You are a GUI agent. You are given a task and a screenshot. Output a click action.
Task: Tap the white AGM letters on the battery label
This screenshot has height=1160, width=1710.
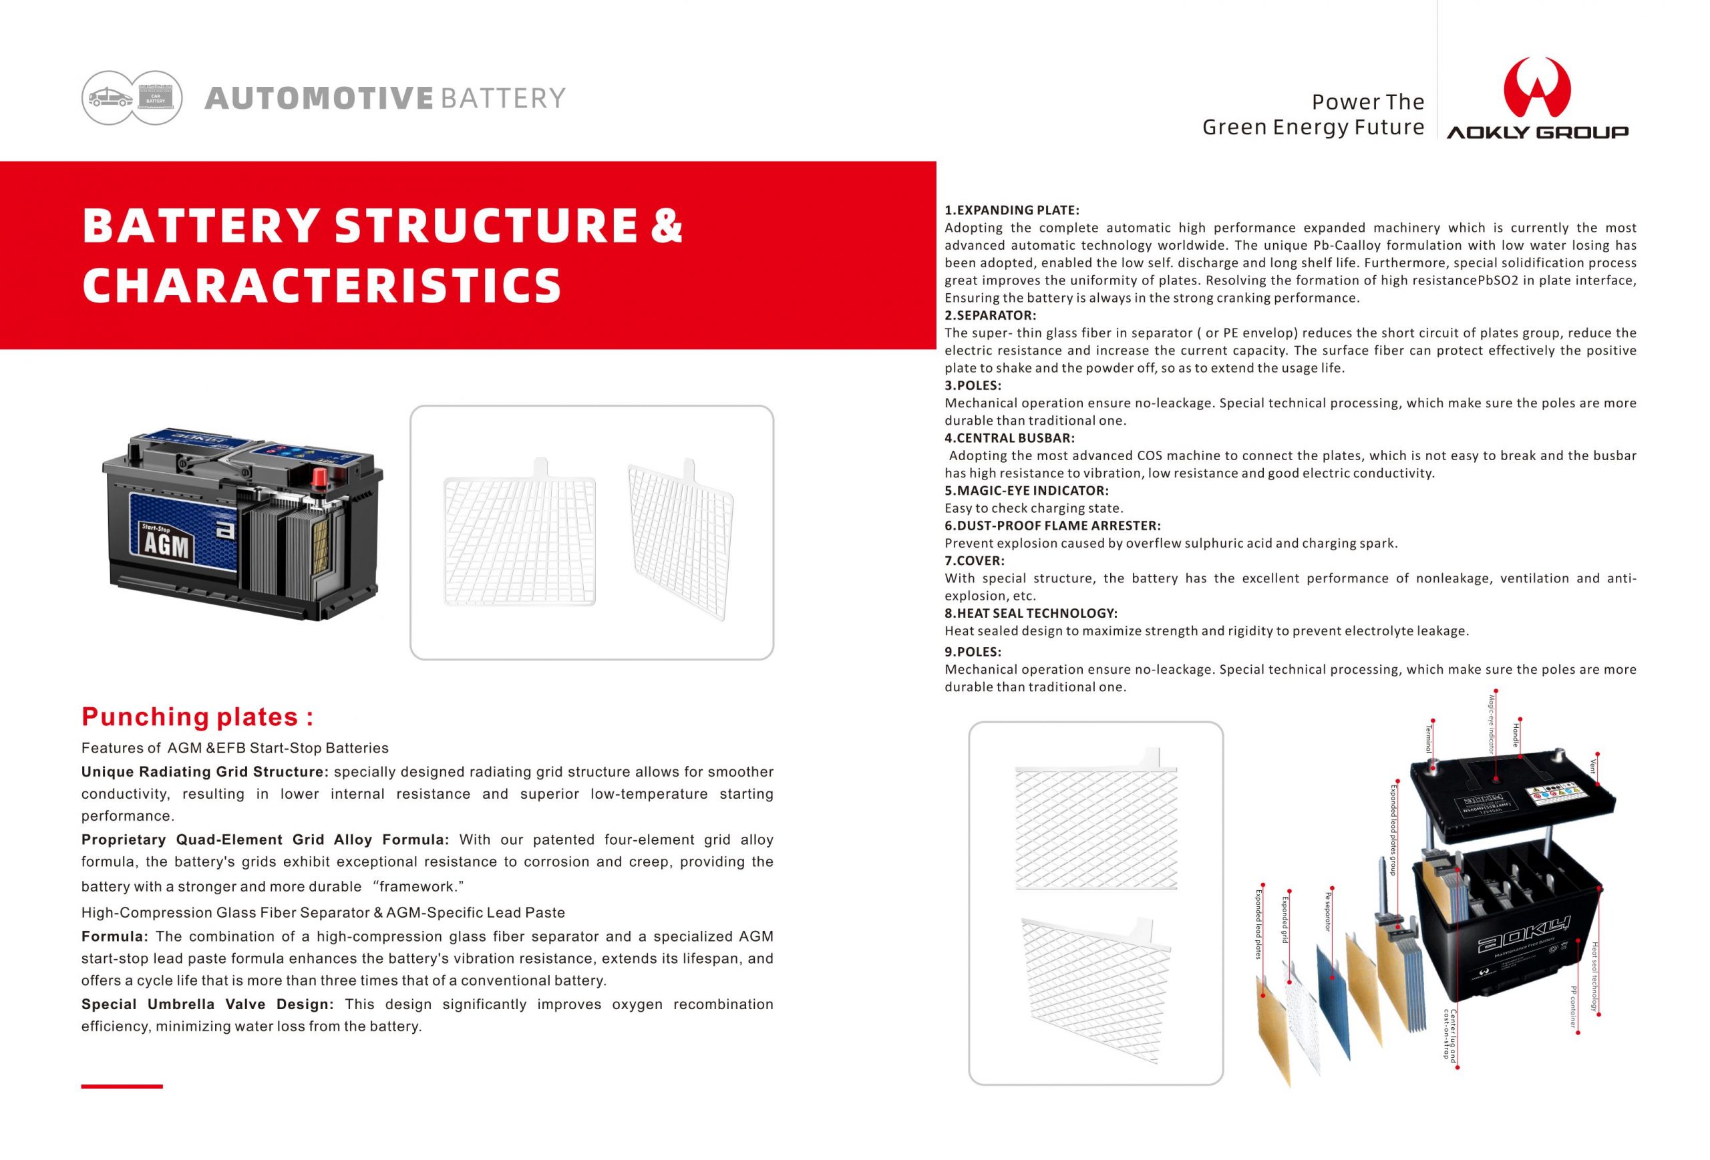166,546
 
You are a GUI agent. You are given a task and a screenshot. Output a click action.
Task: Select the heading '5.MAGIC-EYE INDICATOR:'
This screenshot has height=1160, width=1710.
1027,491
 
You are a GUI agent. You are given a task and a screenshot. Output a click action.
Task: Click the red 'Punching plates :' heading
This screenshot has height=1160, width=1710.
197,717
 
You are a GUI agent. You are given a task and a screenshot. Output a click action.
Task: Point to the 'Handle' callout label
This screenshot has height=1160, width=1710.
1516,735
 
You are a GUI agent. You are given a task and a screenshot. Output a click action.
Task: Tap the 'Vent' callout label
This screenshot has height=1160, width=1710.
1593,766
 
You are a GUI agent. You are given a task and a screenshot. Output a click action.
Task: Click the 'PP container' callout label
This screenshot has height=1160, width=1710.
1573,1006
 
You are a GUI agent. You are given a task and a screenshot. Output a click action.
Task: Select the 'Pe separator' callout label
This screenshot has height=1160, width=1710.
1327,912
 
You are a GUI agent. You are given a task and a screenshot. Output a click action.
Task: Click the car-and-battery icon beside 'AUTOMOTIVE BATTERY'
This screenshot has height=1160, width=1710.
132,98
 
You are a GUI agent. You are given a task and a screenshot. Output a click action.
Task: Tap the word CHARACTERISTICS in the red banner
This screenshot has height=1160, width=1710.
322,285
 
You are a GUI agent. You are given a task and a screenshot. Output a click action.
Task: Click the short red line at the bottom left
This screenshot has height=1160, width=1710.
122,1086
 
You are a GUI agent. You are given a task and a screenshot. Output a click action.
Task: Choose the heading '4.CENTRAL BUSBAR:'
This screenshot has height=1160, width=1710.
1009,437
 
